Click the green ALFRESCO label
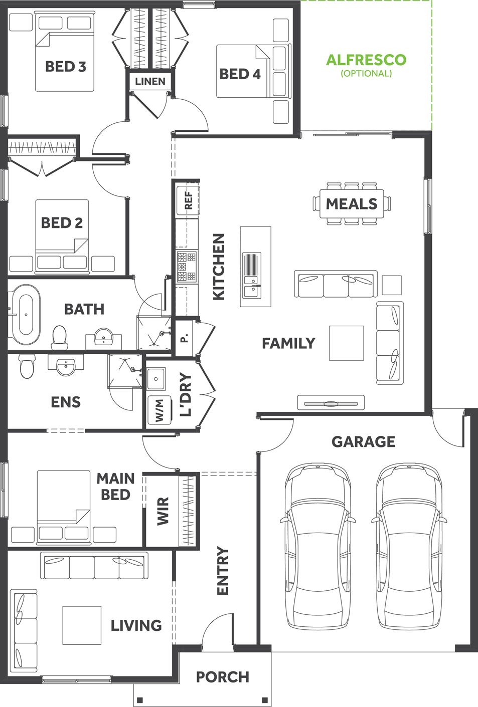pos(366,60)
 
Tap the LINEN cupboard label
pos(150,81)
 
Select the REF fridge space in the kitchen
pos(188,200)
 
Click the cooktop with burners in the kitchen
pos(187,267)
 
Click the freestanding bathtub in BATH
pos(26,315)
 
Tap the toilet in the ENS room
pos(27,366)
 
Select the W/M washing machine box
pos(160,410)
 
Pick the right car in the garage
pos(409,546)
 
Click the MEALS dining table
pos(352,204)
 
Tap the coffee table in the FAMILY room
pos(346,343)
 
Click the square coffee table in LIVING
pos(82,625)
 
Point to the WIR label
pos(163,511)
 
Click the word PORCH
pos(222,677)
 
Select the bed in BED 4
pos(246,71)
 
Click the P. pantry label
pos(184,339)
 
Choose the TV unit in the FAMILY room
pos(331,403)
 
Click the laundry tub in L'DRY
pos(156,379)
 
